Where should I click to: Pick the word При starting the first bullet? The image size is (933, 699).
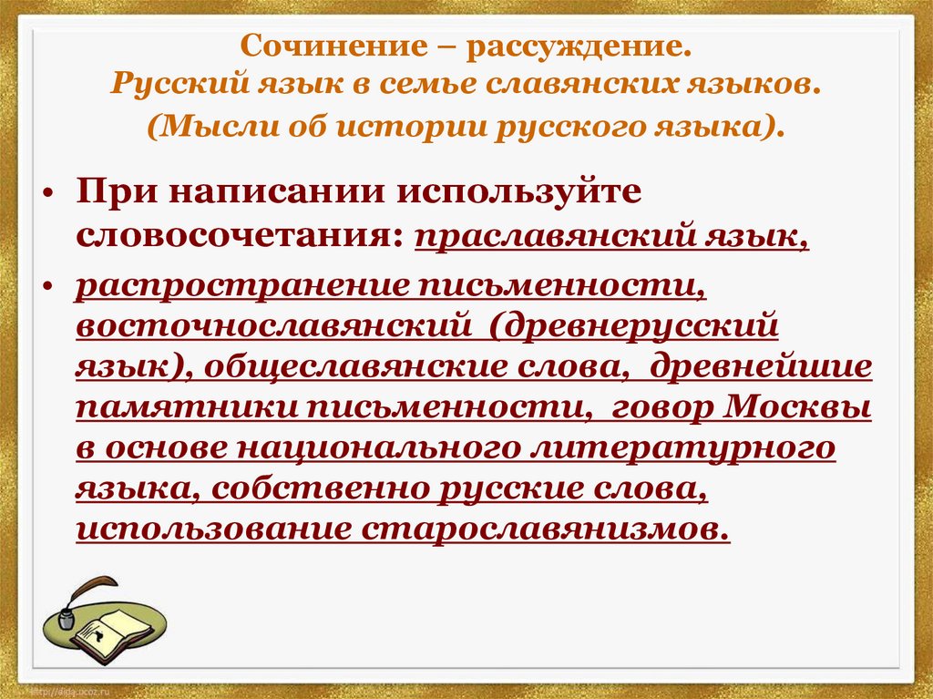[x=109, y=193]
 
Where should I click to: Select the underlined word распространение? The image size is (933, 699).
[x=241, y=283]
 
